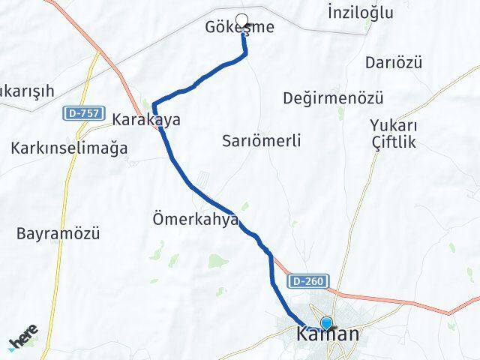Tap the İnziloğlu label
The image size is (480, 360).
[361, 12]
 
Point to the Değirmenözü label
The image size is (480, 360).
[334, 98]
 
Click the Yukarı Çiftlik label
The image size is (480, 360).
[394, 133]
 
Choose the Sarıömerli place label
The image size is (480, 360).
[262, 140]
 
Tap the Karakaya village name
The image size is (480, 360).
[146, 119]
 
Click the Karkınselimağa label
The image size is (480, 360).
[69, 148]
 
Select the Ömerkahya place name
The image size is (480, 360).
[195, 219]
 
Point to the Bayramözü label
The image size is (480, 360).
[58, 233]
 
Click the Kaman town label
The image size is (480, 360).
[328, 334]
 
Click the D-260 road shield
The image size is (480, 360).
[307, 281]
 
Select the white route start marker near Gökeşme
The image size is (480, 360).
[241, 20]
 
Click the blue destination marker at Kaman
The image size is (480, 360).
[325, 323]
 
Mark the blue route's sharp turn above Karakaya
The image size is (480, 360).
[154, 104]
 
